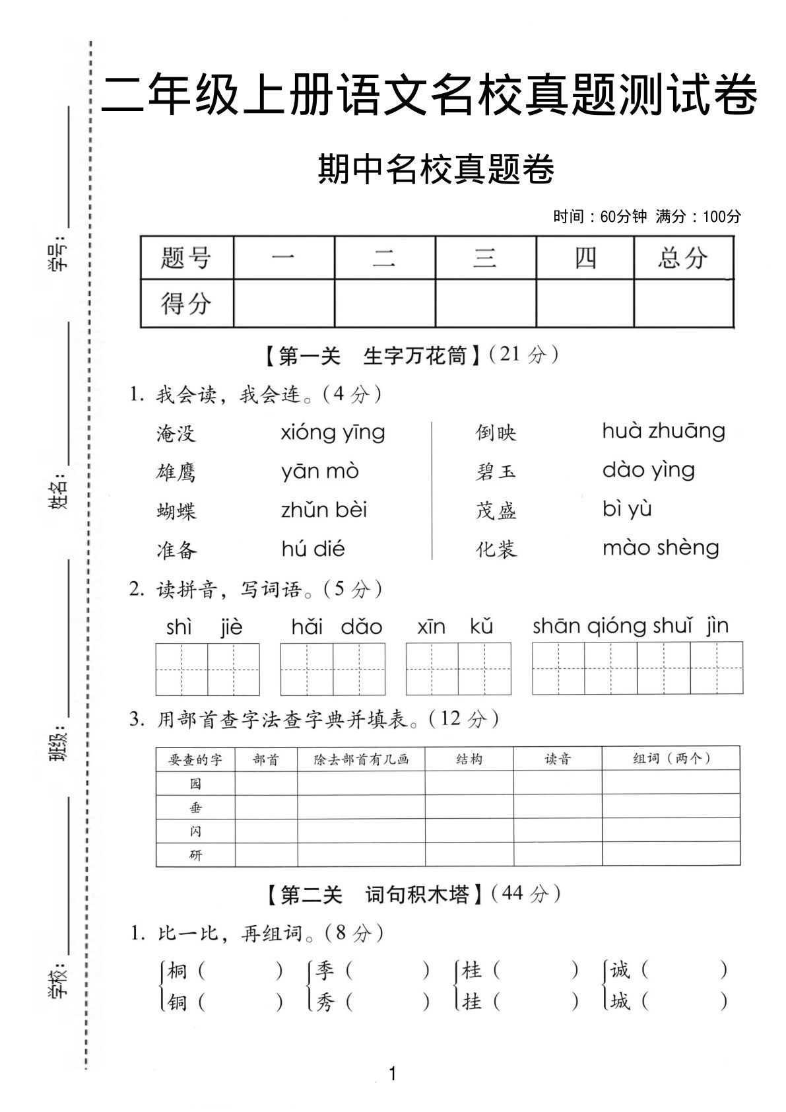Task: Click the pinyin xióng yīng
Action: pos(333,433)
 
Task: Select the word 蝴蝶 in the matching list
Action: pos(176,511)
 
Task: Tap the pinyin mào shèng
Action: pos(661,548)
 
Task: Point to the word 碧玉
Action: pos(496,471)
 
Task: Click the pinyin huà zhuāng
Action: pos(663,431)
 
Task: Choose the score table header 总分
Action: pos(682,258)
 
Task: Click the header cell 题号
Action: pos(186,258)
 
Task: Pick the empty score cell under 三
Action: pos(485,303)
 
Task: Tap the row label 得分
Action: pos(186,303)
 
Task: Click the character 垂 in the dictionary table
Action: pos(195,808)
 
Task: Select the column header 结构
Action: pos(469,759)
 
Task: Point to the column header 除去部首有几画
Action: pos(361,759)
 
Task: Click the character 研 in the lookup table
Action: pos(195,855)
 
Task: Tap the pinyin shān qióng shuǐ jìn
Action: pos(630,626)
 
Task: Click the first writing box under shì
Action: pos(181,669)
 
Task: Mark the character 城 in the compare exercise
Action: pos(620,1002)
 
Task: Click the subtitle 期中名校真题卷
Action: pos(436,170)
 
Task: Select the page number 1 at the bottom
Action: pos(393,1074)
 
